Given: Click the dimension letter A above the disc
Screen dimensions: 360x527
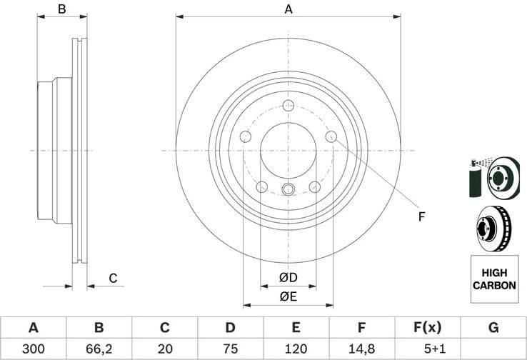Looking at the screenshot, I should (288, 9).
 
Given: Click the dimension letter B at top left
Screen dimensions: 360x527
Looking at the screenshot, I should (62, 9).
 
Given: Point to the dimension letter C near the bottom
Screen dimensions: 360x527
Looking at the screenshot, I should (112, 279).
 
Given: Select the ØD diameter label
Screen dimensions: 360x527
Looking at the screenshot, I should (288, 277).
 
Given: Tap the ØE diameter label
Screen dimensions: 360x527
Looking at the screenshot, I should (288, 296).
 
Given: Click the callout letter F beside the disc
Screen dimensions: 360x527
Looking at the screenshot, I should (421, 216).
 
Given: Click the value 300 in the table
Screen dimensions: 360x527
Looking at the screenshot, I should (33, 349).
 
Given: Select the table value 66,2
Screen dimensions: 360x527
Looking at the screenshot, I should (99, 349).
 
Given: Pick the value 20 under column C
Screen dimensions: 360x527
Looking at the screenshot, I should (164, 349).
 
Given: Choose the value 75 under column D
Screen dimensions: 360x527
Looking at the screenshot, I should (230, 349).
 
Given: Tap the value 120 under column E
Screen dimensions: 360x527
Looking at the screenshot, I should (296, 349).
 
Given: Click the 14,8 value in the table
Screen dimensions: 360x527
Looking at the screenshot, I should (361, 349).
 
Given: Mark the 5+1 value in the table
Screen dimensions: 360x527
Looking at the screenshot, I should (427, 349).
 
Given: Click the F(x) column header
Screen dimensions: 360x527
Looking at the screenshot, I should (427, 328).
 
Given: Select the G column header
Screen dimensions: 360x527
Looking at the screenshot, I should (493, 328).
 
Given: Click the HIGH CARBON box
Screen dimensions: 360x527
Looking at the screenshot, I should (493, 279).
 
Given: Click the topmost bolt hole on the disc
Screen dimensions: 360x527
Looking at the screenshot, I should (288, 106).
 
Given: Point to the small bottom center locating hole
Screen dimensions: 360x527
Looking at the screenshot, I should (288, 189).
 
